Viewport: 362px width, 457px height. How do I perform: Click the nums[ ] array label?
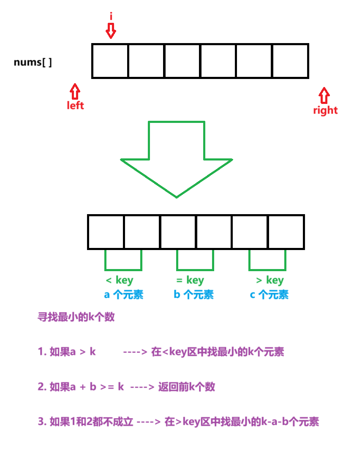point(33,63)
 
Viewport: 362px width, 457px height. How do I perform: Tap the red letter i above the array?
point(111,16)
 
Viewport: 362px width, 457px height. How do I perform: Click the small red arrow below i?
point(111,30)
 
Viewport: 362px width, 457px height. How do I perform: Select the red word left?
point(76,106)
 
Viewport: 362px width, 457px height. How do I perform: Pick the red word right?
point(325,111)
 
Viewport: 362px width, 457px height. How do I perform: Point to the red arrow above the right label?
point(324,96)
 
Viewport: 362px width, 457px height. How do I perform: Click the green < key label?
point(120,280)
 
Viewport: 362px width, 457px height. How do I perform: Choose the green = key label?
point(190,280)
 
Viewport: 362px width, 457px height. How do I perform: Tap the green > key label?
point(270,280)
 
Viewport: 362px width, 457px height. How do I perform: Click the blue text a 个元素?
point(124,295)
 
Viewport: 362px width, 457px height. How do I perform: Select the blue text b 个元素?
point(193,295)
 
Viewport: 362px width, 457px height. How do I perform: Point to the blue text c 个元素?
point(269,295)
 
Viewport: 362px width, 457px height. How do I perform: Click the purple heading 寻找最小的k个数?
point(76,318)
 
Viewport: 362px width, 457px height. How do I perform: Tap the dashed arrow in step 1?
point(135,352)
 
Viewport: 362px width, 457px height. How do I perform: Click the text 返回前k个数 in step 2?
point(187,386)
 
